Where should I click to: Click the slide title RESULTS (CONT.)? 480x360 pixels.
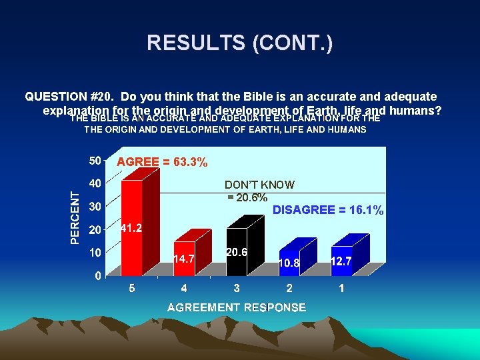click(239, 43)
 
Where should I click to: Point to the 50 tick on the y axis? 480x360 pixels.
click(95, 161)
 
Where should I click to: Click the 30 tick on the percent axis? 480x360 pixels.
click(95, 207)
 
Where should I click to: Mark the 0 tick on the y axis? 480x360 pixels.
click(98, 275)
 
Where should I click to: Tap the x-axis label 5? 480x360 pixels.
click(131, 289)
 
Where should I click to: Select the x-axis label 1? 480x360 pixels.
click(341, 289)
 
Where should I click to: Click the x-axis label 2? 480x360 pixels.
click(289, 289)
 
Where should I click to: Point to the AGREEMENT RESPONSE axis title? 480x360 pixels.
click(237, 307)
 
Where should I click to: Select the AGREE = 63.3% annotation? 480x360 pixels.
click(162, 162)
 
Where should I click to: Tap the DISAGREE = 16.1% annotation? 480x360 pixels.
click(328, 210)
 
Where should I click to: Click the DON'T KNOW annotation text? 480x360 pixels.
click(259, 185)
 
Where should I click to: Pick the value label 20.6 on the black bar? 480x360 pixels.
click(237, 252)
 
